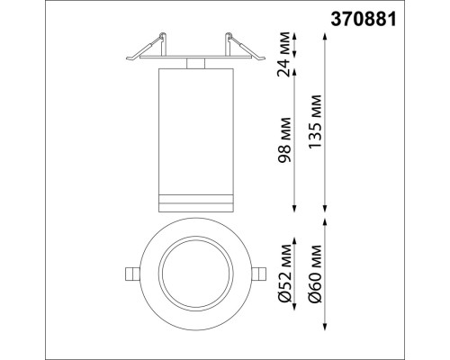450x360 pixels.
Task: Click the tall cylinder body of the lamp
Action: [194, 126]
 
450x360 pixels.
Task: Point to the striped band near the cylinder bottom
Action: [194, 198]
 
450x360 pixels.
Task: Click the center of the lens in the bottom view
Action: [194, 273]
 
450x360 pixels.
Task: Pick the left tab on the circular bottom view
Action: [130, 273]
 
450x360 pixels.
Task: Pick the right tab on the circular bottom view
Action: [258, 273]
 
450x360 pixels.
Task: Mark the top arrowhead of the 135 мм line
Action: [325, 36]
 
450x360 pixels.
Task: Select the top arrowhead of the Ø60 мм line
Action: [325, 221]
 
